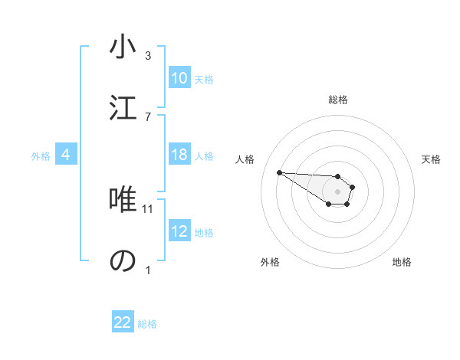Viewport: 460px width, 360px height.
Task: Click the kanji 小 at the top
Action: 123,47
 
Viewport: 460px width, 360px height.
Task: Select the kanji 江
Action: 123,106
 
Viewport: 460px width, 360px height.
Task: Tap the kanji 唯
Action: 123,201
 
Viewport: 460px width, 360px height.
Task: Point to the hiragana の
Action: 123,260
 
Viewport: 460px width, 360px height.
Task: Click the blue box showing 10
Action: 179,78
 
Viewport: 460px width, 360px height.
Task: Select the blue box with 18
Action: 179,155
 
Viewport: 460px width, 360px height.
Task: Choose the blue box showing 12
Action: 179,231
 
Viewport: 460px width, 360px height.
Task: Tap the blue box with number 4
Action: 66,155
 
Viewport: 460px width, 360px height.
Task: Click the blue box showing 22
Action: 123,322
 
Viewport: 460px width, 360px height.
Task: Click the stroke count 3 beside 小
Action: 148,56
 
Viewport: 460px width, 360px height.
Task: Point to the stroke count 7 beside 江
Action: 148,116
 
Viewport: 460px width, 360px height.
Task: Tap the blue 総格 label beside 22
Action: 147,324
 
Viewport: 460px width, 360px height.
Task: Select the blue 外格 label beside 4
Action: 41,156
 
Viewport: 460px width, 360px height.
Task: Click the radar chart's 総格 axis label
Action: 338,100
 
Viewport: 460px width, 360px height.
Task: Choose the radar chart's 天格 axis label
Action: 431,159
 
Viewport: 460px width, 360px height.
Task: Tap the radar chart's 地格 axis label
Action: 402,262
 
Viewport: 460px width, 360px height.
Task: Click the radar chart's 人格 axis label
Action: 245,159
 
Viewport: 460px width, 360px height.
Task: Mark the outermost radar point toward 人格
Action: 279,172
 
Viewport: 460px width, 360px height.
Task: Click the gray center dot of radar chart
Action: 337,191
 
